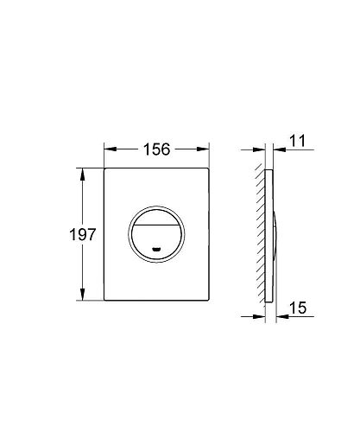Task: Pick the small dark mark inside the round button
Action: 156,251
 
